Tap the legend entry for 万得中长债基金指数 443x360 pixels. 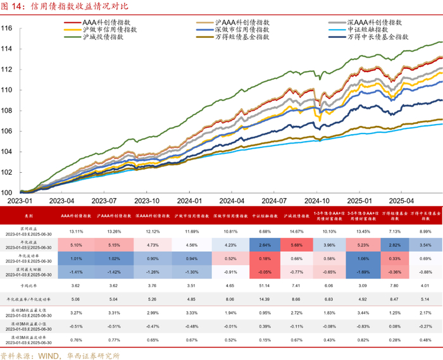pos(377,37)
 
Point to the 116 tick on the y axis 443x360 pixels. pos(8,28)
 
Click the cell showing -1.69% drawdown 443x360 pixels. pos(361,273)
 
